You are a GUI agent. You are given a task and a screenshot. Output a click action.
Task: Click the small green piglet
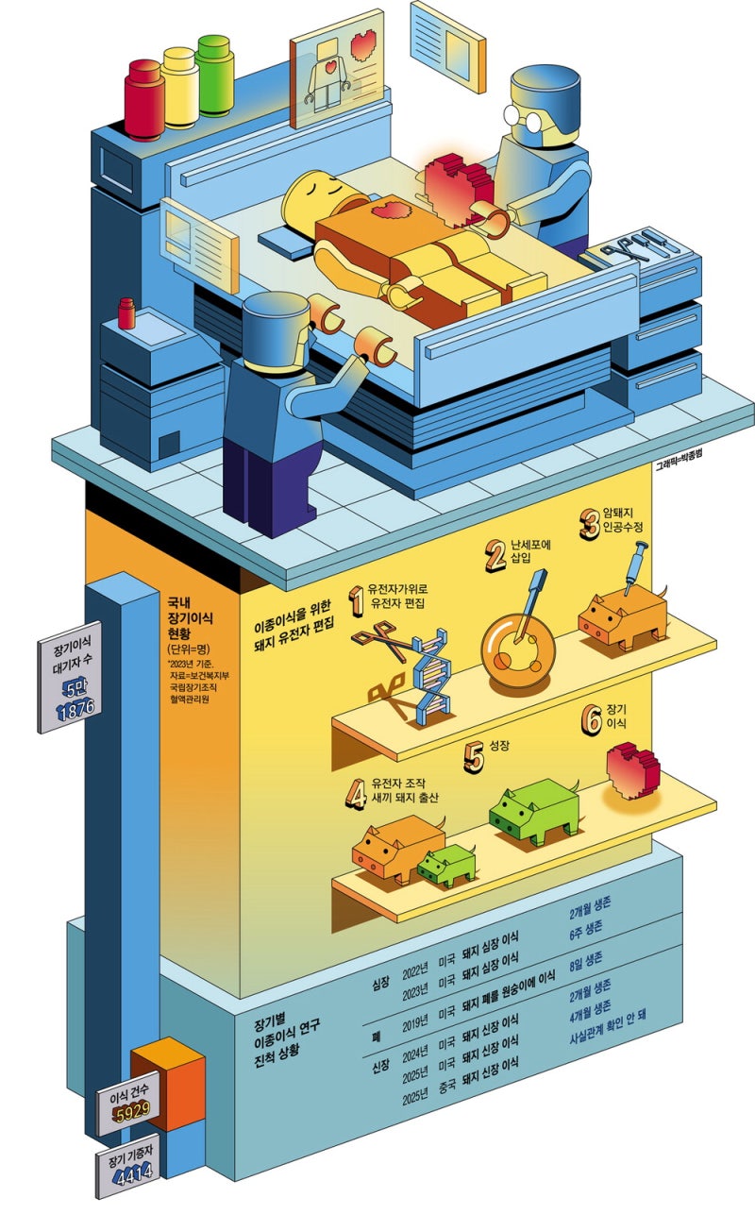coord(448,864)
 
